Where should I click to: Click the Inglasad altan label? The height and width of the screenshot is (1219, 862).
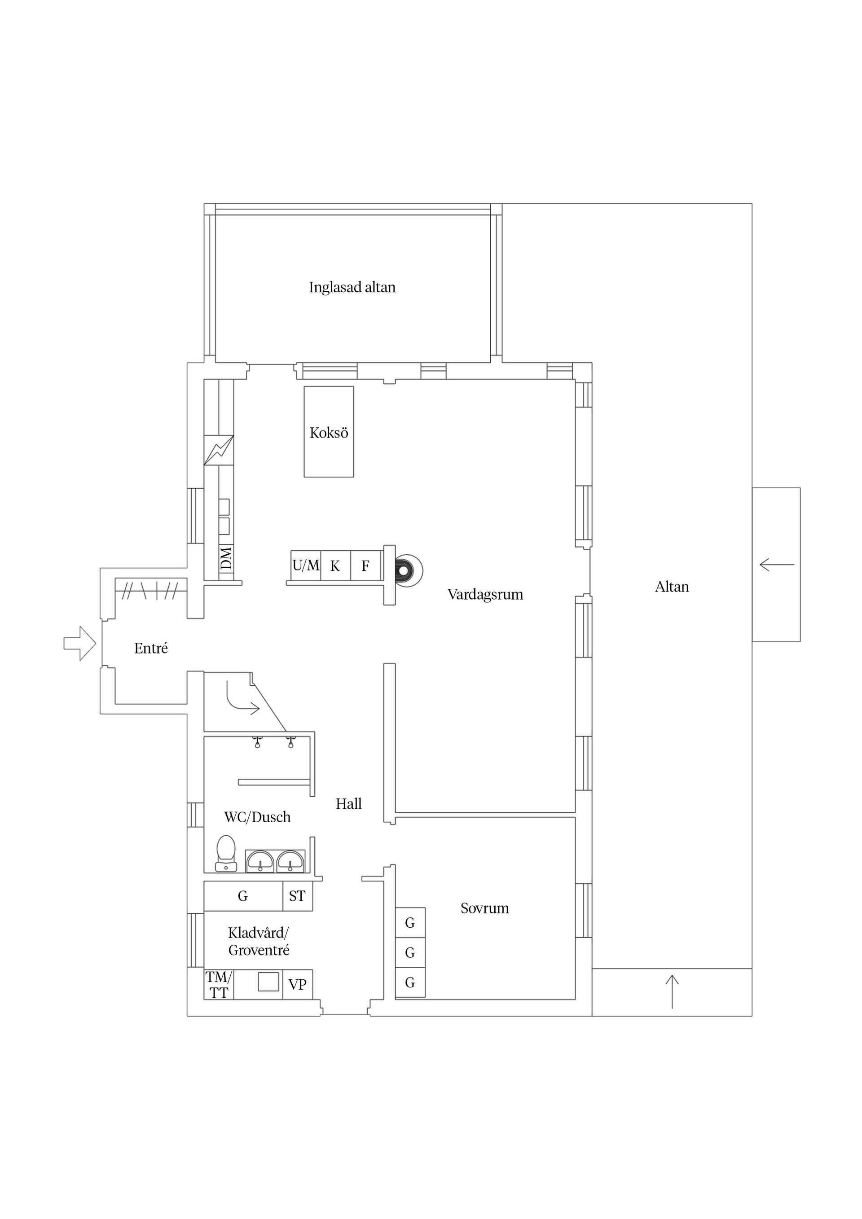tap(352, 287)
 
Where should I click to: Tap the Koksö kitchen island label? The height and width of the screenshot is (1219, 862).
tap(329, 433)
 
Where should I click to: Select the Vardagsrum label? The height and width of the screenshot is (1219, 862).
tap(485, 594)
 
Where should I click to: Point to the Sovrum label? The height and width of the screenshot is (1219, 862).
tap(484, 908)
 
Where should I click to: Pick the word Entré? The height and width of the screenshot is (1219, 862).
tap(151, 648)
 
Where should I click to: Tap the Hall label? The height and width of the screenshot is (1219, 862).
tap(348, 804)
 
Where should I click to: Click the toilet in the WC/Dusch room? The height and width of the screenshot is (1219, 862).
tap(226, 853)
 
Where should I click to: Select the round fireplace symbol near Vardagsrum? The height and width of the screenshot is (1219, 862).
tap(406, 571)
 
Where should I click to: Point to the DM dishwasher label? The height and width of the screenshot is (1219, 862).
tap(226, 557)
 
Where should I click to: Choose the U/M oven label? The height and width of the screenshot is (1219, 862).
tap(306, 566)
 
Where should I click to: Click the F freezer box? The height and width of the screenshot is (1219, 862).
tap(365, 566)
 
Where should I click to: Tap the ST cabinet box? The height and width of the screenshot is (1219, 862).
tap(297, 896)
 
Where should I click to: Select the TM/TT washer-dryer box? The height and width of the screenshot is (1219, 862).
tap(219, 985)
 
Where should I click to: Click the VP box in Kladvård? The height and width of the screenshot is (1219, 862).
tap(297, 984)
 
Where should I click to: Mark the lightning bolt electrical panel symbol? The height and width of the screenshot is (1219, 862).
tap(219, 450)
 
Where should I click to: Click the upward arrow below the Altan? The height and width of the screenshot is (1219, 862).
tap(672, 991)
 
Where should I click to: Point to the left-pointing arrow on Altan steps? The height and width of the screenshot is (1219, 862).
tap(777, 564)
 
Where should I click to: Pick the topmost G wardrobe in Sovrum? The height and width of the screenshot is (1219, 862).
tap(410, 923)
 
